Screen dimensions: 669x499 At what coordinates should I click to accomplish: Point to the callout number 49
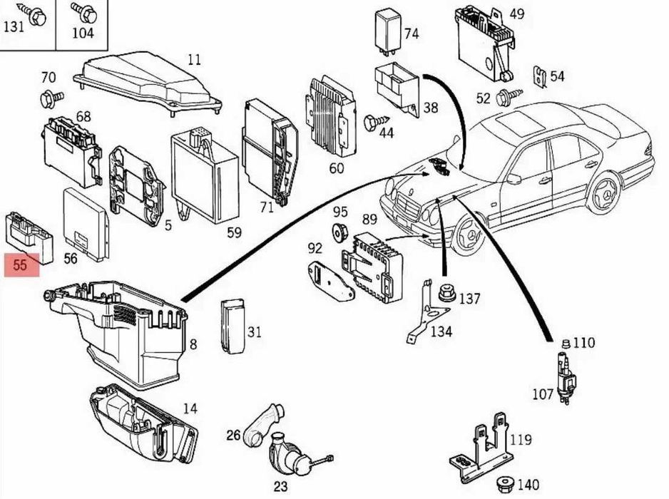pos(516,14)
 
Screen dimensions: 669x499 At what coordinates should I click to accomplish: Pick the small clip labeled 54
pos(540,77)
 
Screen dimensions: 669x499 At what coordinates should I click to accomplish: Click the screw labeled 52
pos(509,98)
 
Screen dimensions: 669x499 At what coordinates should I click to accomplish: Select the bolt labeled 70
pos(51,99)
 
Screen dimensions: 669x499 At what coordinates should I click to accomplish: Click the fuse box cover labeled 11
pos(147,84)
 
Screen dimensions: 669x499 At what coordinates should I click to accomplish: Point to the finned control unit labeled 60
pos(331,118)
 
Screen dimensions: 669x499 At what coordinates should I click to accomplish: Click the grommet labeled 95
pos(340,231)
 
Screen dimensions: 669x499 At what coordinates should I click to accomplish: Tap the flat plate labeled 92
pos(331,281)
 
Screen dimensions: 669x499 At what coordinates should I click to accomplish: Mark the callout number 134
pos(441,331)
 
